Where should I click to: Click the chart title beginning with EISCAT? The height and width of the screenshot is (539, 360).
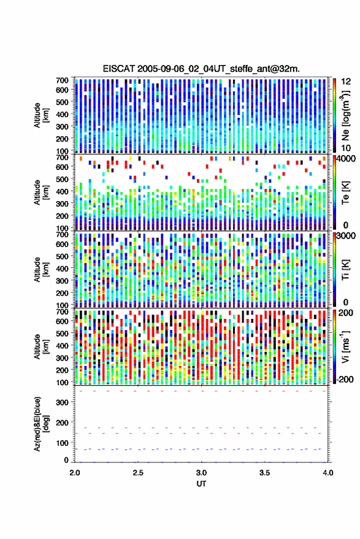coord(201,69)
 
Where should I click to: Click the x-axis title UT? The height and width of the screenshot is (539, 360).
coord(201,484)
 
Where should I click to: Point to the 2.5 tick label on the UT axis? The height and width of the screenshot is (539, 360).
coord(138,473)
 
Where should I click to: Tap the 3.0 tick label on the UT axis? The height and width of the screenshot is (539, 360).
coord(202,473)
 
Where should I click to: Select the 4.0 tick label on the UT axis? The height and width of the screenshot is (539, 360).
coord(328,473)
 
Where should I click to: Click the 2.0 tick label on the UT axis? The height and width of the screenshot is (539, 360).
coord(75,473)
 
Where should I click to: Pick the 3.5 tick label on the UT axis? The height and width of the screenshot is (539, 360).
coord(265,473)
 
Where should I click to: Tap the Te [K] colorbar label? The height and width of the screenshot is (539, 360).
coord(345,193)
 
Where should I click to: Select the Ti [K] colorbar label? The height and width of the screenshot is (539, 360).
coord(345,270)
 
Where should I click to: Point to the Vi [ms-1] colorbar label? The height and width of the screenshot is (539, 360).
coord(345,346)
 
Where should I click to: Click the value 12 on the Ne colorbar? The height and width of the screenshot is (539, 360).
coord(346,82)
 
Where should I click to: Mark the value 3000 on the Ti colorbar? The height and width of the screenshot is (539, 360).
coord(347,236)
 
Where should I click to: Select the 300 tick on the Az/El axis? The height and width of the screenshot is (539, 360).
coord(62,402)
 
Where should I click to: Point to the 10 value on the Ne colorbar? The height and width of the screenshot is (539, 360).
coord(346,148)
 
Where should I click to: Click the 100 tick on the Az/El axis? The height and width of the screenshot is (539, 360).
coord(62,443)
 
